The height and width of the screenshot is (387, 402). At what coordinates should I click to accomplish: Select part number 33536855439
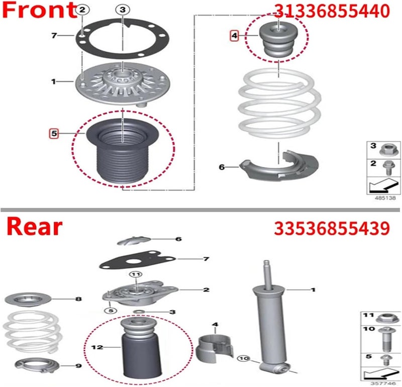(x=331, y=228)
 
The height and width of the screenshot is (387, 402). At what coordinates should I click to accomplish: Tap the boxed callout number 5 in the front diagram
(x=53, y=133)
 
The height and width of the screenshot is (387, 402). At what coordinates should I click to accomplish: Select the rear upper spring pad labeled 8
(x=28, y=300)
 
